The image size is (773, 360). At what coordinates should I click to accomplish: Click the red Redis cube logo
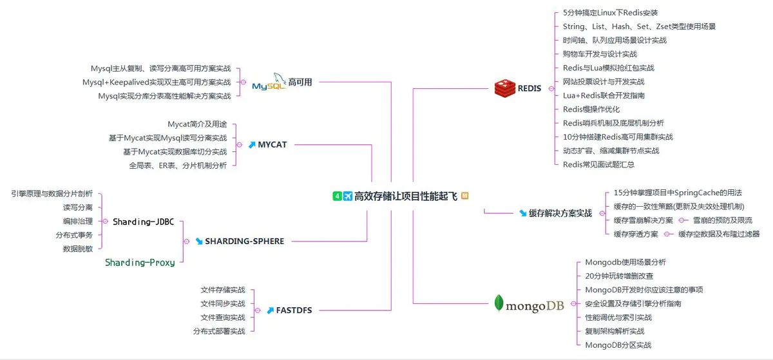click(x=504, y=88)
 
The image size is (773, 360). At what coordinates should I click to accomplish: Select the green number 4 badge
click(x=337, y=196)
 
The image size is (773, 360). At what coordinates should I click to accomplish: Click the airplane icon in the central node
click(x=348, y=196)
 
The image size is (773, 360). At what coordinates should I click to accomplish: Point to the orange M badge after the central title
click(x=464, y=196)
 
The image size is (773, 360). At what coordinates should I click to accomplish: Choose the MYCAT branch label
click(x=272, y=145)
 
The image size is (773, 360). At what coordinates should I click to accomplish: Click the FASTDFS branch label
click(x=294, y=310)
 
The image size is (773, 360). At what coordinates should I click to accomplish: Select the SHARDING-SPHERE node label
click(x=244, y=242)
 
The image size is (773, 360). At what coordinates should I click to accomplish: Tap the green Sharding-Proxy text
click(x=140, y=263)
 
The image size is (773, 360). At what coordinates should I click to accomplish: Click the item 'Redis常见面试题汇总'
click(x=599, y=164)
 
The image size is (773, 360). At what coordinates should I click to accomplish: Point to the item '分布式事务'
click(x=74, y=235)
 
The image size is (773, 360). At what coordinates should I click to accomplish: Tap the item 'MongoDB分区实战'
click(x=618, y=345)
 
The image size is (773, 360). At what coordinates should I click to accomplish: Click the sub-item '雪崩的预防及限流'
click(x=722, y=220)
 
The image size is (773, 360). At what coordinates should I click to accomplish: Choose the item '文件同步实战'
click(x=223, y=303)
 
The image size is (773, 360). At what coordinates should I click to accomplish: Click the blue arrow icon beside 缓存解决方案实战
click(x=522, y=213)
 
